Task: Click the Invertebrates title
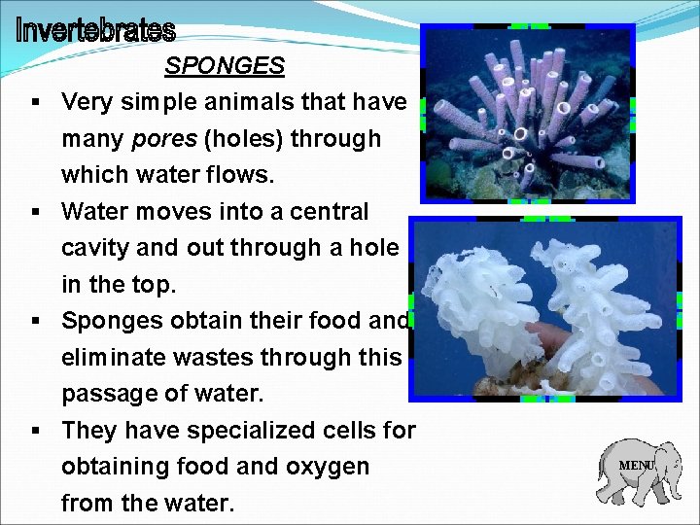coord(95,31)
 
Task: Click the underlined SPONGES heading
coord(225,66)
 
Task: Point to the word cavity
coord(95,248)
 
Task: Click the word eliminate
coord(121,358)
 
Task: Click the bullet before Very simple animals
coord(34,102)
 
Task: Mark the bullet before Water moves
coord(34,212)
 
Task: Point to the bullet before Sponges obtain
coord(34,321)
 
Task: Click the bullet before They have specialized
coord(34,430)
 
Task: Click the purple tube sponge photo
coord(526,113)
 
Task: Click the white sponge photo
coord(544,308)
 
